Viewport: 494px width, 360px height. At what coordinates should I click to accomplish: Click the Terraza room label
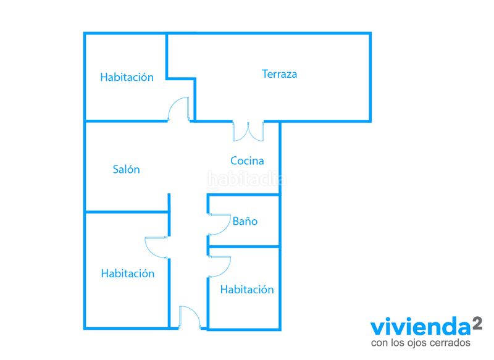(x=280, y=74)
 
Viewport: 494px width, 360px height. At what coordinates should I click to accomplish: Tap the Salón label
(x=127, y=169)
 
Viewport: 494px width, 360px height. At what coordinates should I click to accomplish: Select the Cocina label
(x=248, y=161)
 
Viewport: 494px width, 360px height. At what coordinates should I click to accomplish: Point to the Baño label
(x=245, y=221)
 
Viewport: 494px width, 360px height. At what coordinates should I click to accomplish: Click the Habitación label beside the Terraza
(x=127, y=77)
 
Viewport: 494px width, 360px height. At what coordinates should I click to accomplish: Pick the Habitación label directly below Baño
(x=247, y=290)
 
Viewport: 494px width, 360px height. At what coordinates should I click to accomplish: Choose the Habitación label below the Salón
(x=128, y=274)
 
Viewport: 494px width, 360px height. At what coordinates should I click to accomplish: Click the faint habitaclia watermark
(x=247, y=180)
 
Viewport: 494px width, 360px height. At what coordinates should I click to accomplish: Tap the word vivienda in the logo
(x=421, y=327)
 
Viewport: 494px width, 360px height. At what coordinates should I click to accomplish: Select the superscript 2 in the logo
(x=477, y=323)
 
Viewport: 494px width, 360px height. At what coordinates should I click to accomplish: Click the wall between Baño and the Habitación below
(x=244, y=246)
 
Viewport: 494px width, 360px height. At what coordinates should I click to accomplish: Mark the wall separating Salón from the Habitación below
(x=127, y=212)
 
